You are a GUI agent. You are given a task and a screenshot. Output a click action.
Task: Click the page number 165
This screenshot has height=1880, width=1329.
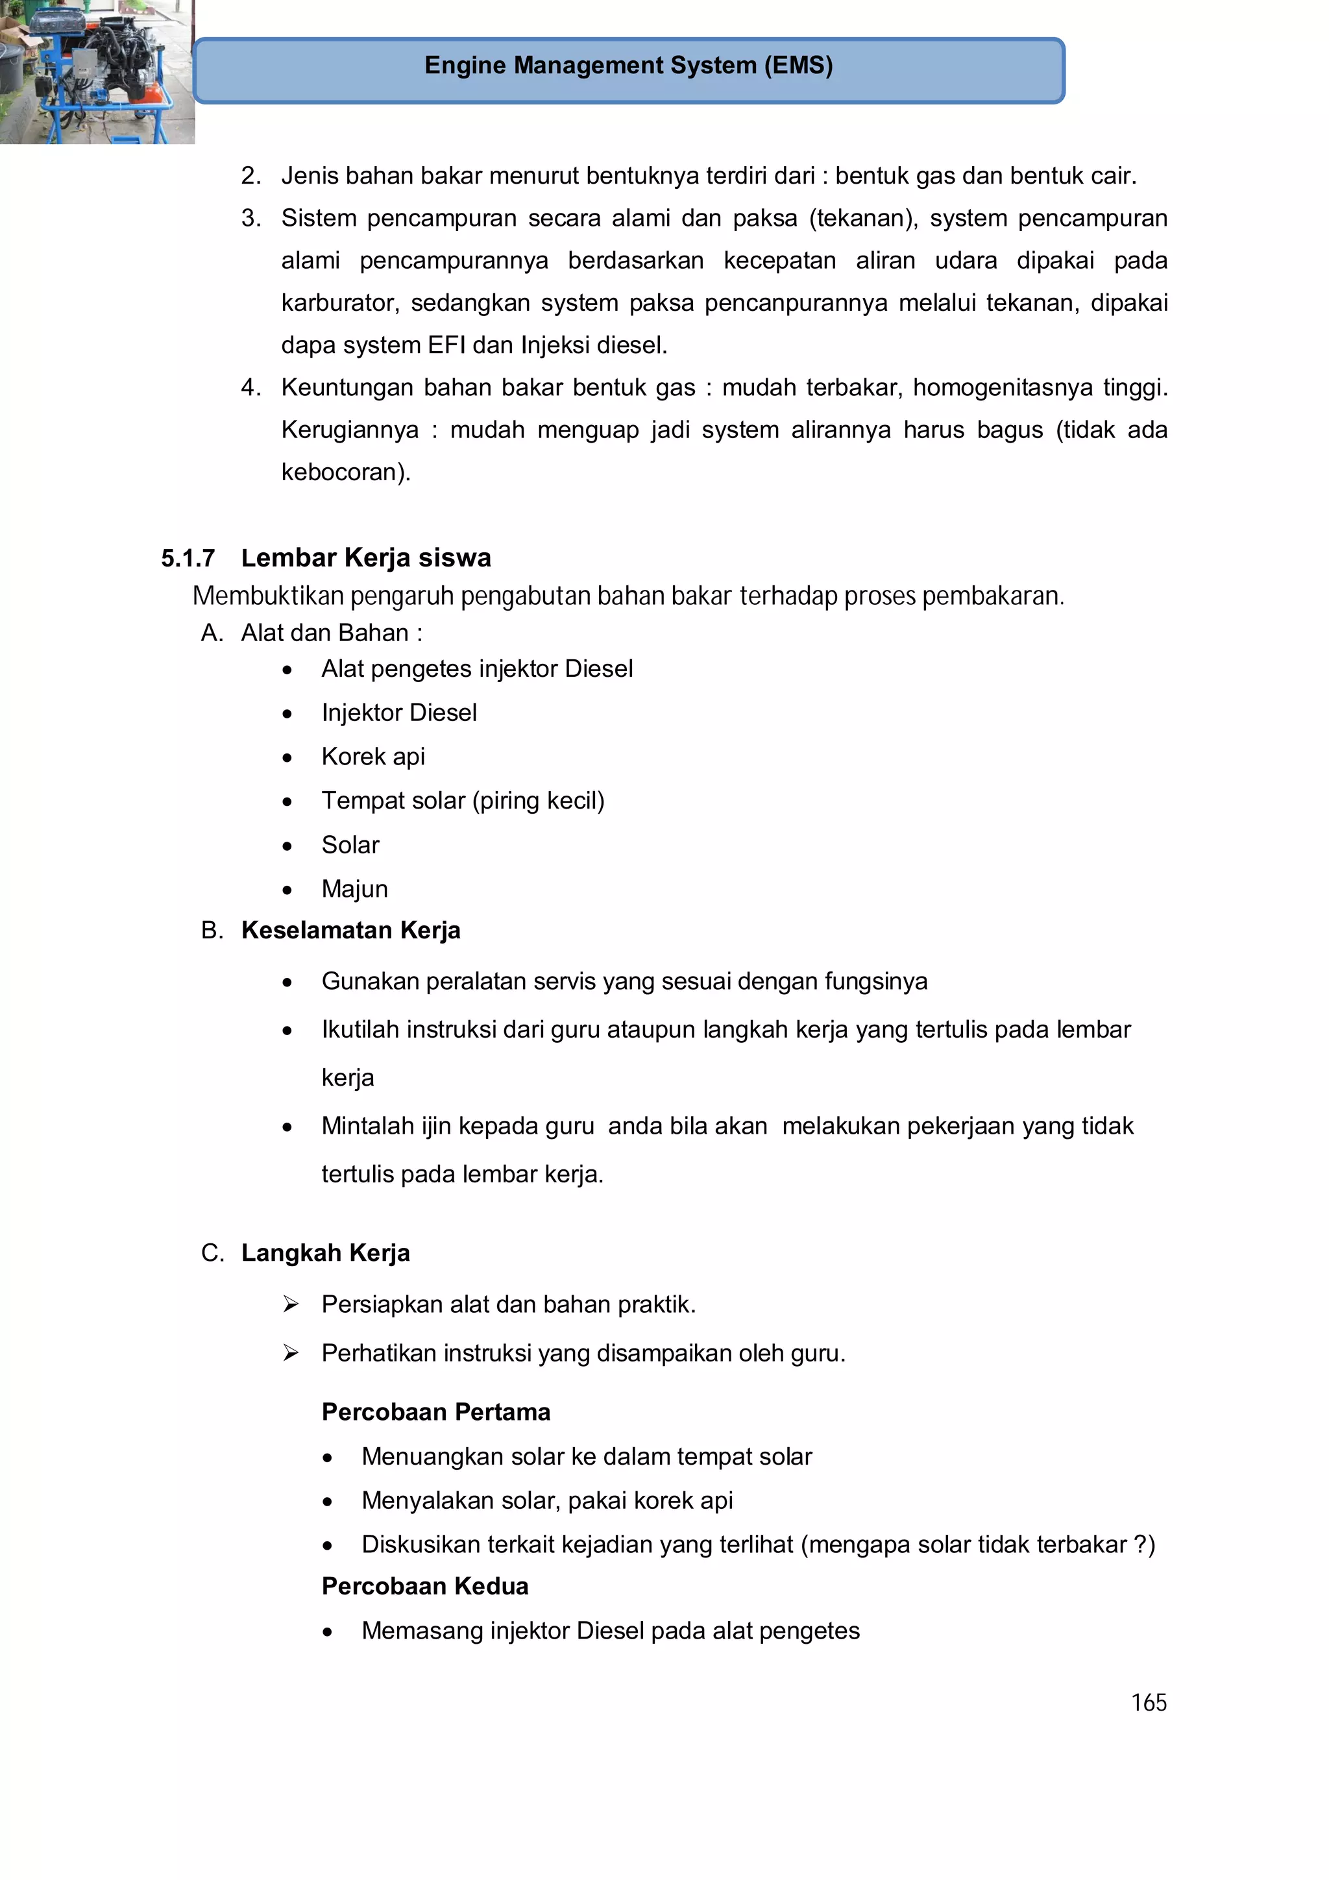click(1148, 1703)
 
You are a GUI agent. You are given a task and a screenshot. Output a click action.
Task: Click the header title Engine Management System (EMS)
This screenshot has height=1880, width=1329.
click(628, 66)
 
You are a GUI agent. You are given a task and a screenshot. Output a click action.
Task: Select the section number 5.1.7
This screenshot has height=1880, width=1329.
click(188, 559)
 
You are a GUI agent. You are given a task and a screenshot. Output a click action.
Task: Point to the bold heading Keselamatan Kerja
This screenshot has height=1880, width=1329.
click(350, 930)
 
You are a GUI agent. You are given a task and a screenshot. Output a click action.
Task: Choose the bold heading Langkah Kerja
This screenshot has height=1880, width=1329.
click(325, 1252)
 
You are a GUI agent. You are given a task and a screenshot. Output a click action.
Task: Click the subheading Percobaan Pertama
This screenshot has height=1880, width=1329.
click(435, 1411)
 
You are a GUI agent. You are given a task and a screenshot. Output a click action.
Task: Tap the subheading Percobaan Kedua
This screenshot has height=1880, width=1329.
click(424, 1586)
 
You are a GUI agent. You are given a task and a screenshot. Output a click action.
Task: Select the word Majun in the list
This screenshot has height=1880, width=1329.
click(354, 888)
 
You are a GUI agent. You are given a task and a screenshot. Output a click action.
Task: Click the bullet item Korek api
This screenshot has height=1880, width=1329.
click(372, 757)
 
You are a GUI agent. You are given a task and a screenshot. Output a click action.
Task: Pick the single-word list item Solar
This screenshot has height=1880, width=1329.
click(350, 845)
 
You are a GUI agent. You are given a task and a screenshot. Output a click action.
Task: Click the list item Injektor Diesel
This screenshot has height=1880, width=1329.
click(399, 713)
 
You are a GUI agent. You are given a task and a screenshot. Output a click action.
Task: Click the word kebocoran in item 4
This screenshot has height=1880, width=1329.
click(342, 472)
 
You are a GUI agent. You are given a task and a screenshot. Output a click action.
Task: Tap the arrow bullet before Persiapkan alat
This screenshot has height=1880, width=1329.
click(291, 1304)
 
